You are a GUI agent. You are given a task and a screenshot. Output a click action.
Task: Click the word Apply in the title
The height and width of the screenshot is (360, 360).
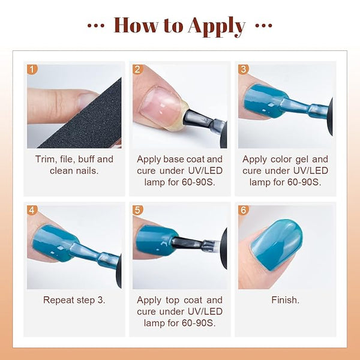tap(217, 26)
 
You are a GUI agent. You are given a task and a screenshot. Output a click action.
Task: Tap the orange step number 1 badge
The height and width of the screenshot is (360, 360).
tap(32, 70)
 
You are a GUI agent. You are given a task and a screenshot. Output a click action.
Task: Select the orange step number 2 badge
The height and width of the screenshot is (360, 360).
tap(138, 70)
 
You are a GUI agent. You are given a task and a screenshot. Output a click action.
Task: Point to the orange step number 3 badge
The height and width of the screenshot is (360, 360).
tap(244, 70)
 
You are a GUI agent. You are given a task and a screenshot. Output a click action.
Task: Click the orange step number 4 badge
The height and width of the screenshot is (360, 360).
tap(32, 210)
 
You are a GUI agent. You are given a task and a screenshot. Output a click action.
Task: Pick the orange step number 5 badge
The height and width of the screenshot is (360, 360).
tap(138, 210)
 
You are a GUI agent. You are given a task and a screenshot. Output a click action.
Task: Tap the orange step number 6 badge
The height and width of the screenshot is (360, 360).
tap(244, 210)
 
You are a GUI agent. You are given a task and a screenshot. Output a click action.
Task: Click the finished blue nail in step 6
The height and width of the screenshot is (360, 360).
tap(277, 245)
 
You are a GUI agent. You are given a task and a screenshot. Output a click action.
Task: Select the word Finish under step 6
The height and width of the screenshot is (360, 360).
tap(285, 300)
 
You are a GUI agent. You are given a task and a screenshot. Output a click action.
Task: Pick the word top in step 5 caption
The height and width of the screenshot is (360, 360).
tap(173, 301)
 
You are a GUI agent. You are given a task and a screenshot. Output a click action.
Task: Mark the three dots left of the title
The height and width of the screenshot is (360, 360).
tap(96, 25)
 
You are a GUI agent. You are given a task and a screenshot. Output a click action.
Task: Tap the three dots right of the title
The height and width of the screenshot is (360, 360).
tap(264, 25)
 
